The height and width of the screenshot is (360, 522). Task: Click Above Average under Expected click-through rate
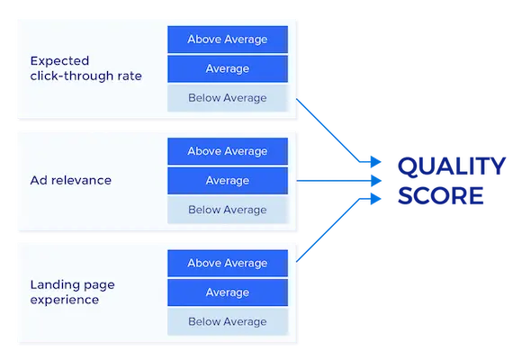click(228, 40)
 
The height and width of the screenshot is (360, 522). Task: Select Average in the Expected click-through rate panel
click(228, 68)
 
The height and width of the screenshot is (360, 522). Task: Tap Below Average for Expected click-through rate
click(228, 97)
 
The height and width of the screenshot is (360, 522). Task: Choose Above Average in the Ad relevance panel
click(228, 151)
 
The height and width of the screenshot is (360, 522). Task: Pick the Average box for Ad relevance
click(228, 181)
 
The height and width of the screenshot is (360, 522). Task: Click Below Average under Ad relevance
click(228, 210)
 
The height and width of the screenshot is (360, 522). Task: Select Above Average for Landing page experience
click(228, 263)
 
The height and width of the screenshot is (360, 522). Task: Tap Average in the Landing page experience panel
click(228, 292)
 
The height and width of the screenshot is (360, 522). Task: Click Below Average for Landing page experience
click(228, 321)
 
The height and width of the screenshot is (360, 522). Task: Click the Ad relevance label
click(70, 180)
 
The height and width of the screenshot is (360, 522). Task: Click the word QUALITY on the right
click(451, 166)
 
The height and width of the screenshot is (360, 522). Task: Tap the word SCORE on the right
click(440, 195)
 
